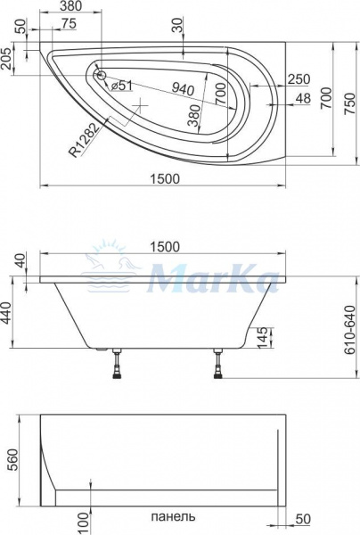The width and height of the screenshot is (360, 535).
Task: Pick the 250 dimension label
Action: pos(299,79)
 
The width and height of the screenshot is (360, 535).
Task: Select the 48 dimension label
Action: pos(303,99)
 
